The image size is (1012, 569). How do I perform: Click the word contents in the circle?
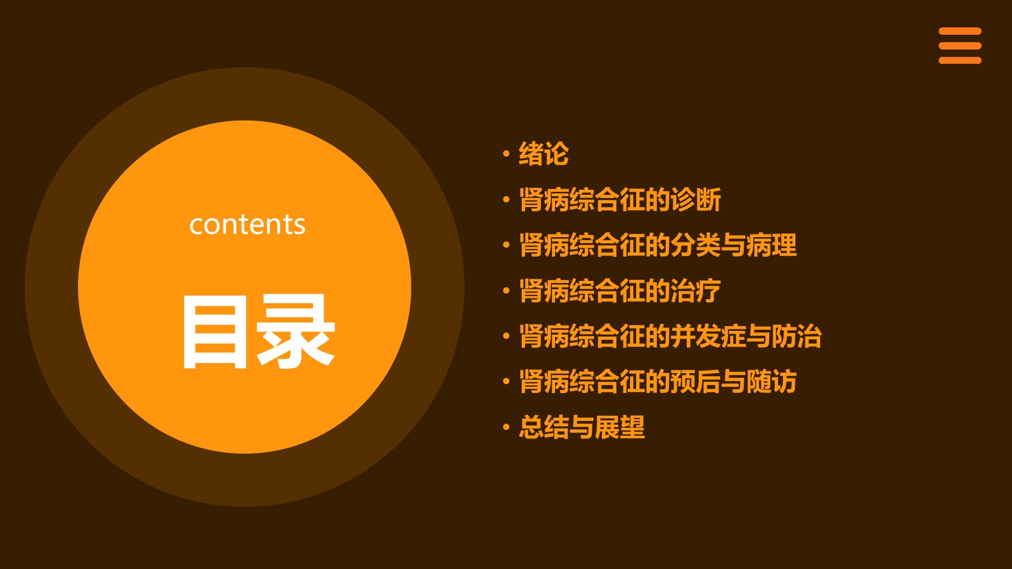click(x=247, y=224)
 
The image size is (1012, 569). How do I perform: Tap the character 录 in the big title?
click(x=296, y=331)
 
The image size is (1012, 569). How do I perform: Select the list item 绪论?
click(x=544, y=154)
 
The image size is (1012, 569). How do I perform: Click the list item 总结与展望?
click(x=582, y=427)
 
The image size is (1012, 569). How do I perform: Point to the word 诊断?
click(x=696, y=200)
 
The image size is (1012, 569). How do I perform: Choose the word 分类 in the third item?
click(x=696, y=245)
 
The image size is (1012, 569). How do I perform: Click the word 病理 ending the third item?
click(x=772, y=245)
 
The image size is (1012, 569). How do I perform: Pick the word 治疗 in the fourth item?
click(x=696, y=290)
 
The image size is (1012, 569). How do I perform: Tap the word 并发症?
click(x=708, y=336)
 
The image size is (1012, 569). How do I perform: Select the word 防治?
click(x=797, y=336)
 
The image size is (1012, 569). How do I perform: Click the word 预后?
click(x=696, y=381)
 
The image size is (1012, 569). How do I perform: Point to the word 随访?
click(x=772, y=381)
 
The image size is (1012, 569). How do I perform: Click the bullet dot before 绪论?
click(x=506, y=154)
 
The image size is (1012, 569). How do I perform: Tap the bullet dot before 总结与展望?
click(x=506, y=427)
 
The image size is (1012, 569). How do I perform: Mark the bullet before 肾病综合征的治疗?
click(x=506, y=290)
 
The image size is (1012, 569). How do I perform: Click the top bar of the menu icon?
click(x=960, y=31)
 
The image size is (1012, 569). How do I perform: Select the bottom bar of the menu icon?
click(x=960, y=61)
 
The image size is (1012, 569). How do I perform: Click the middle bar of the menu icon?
click(x=960, y=46)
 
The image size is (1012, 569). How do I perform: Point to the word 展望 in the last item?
click(x=620, y=427)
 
